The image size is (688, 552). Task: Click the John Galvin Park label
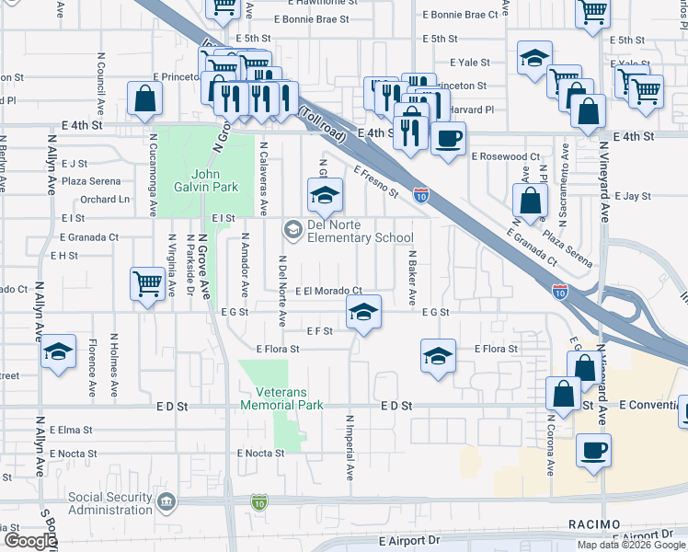pyautogui.click(x=214, y=180)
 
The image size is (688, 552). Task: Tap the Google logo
pyautogui.click(x=30, y=541)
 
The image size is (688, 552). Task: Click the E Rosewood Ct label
pyautogui.click(x=506, y=157)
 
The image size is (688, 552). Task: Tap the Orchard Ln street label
pyautogui.click(x=104, y=200)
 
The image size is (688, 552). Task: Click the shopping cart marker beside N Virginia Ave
pyautogui.click(x=147, y=283)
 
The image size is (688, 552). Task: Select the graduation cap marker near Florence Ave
pyautogui.click(x=58, y=351)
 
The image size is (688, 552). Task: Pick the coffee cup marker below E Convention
pyautogui.click(x=593, y=451)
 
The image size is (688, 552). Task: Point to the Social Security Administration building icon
pyautogui.click(x=166, y=502)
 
